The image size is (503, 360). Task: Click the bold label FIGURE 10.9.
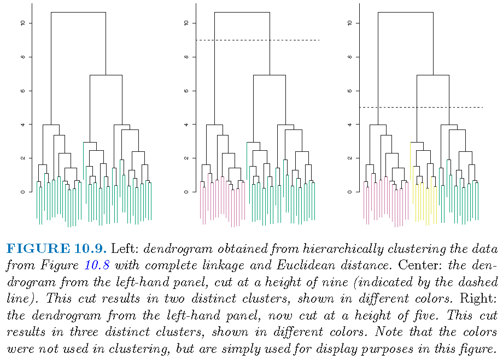(x=55, y=249)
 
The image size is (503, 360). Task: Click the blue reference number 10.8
(x=96, y=266)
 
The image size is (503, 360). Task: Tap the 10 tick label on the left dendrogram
(x=24, y=23)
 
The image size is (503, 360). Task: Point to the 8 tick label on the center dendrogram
(x=187, y=57)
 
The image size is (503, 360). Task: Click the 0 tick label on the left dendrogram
(x=24, y=192)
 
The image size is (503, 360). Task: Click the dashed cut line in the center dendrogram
(x=257, y=40)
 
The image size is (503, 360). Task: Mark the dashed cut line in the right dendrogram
(x=421, y=107)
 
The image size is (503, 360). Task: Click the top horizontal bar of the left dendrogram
(x=78, y=12)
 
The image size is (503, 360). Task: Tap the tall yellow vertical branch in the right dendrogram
(x=410, y=158)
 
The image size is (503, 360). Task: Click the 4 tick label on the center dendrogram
(x=187, y=125)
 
